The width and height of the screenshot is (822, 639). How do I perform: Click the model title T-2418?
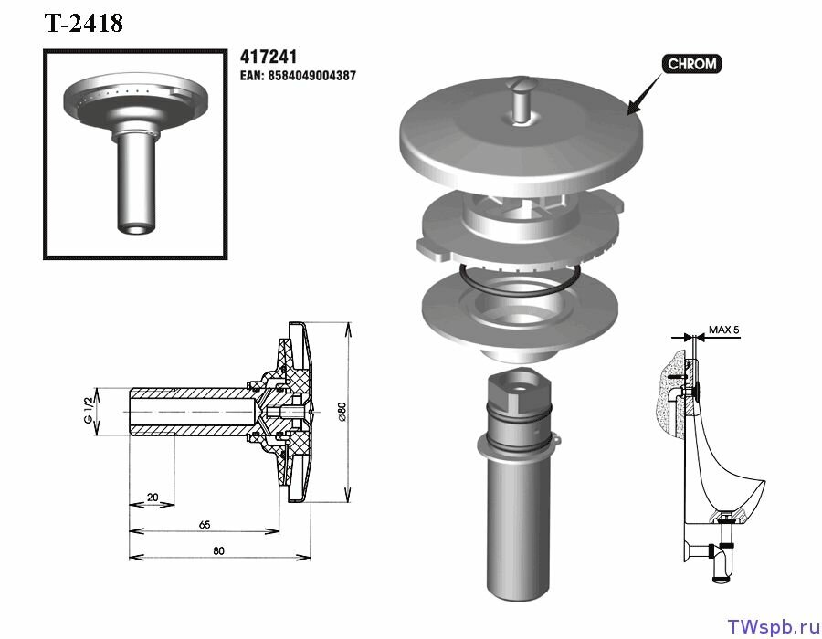pyautogui.click(x=84, y=23)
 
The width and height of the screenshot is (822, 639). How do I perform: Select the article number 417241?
pyautogui.click(x=269, y=57)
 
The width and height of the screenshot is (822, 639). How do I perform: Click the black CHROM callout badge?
pyautogui.click(x=692, y=64)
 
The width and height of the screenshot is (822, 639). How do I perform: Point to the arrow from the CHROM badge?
pyautogui.click(x=645, y=93)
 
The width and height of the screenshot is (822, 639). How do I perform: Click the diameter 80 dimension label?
pyautogui.click(x=342, y=412)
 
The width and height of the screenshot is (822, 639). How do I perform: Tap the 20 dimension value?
pyautogui.click(x=153, y=497)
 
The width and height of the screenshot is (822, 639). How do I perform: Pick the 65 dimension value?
pyautogui.click(x=205, y=524)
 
